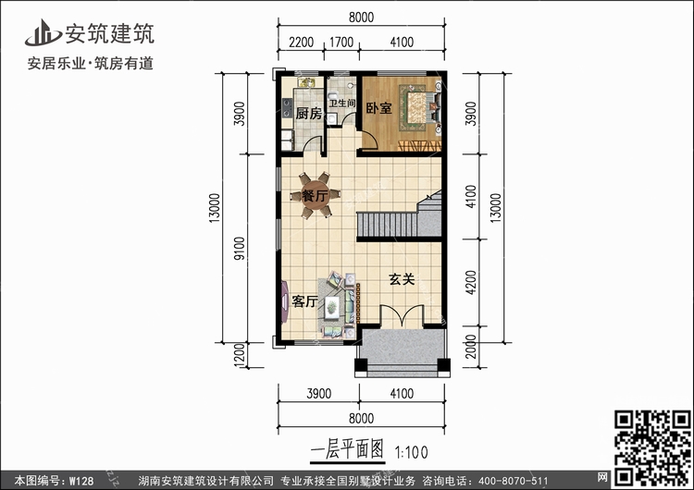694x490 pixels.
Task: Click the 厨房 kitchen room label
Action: click(x=308, y=113)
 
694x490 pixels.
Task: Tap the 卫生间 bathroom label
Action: click(x=342, y=103)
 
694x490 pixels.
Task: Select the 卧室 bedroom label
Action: click(x=378, y=108)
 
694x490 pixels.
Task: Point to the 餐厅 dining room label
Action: click(x=315, y=195)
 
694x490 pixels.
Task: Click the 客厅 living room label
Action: click(x=304, y=301)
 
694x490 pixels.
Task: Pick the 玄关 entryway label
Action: click(x=402, y=279)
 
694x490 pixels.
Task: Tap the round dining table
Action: click(x=315, y=195)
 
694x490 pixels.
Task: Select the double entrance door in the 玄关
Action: click(x=402, y=316)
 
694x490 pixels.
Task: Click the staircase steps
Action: click(x=399, y=219)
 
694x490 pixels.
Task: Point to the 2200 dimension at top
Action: click(x=301, y=43)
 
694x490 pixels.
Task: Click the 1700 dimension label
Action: click(x=341, y=43)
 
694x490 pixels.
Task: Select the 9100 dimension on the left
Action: click(x=239, y=248)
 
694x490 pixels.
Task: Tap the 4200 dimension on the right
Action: click(x=471, y=282)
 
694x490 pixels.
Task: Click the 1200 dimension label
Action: click(x=239, y=355)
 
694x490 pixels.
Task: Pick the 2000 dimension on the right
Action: click(x=471, y=347)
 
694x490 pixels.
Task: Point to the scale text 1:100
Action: click(x=411, y=452)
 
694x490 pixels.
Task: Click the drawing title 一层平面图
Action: click(x=347, y=450)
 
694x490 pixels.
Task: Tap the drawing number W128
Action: click(x=81, y=481)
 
